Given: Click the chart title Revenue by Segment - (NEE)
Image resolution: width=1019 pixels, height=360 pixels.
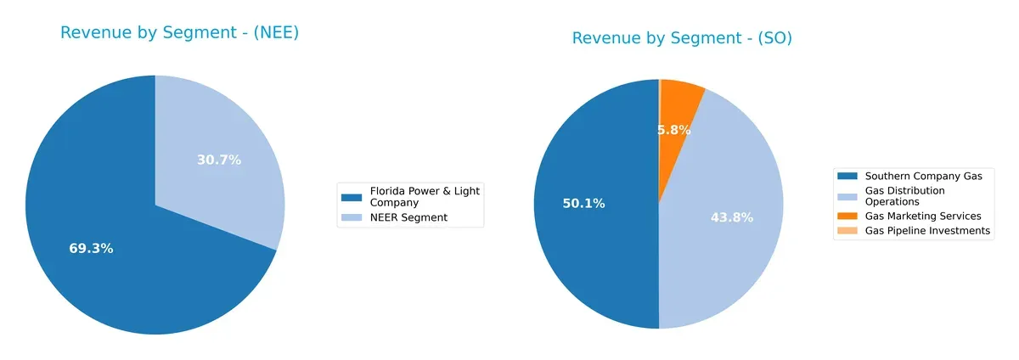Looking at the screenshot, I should [179, 33].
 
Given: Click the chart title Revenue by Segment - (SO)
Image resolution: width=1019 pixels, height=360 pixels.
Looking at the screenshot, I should [682, 38].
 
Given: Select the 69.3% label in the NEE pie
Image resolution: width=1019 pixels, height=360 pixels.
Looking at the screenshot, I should [91, 249].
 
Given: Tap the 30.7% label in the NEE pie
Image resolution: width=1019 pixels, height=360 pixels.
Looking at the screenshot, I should [219, 160].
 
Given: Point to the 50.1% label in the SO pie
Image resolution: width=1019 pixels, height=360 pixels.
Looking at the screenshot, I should [583, 204].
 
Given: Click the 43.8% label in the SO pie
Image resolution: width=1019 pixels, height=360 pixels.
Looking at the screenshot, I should [731, 217].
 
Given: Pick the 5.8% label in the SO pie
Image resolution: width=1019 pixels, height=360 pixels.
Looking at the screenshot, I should [673, 130].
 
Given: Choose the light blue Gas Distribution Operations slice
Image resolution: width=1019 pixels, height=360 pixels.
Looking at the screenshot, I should [730, 255].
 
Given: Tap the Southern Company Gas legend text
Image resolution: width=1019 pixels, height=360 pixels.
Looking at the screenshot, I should [923, 176].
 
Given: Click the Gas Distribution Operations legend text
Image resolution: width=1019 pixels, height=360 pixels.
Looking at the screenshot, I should [904, 196].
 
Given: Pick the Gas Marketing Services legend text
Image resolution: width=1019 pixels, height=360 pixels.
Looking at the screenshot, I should [923, 217].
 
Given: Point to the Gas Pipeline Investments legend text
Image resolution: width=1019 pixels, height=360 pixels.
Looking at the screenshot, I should [927, 231].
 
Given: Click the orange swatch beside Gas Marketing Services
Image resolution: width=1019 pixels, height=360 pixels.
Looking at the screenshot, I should [847, 217].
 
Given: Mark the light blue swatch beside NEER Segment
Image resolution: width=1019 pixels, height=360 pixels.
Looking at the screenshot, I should [351, 218].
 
